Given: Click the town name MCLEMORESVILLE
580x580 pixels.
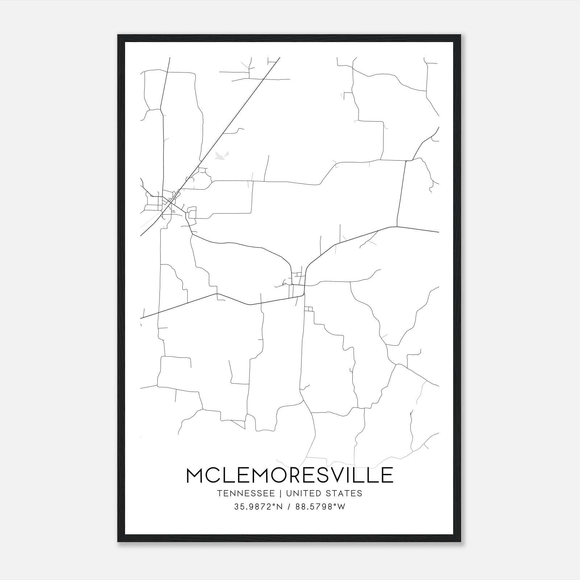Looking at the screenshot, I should click(290, 475).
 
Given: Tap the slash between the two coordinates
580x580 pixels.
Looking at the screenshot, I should click(289, 507).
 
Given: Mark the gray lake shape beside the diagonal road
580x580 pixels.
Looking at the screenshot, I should click(220, 156).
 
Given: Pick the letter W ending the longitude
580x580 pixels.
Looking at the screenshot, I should click(341, 507).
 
